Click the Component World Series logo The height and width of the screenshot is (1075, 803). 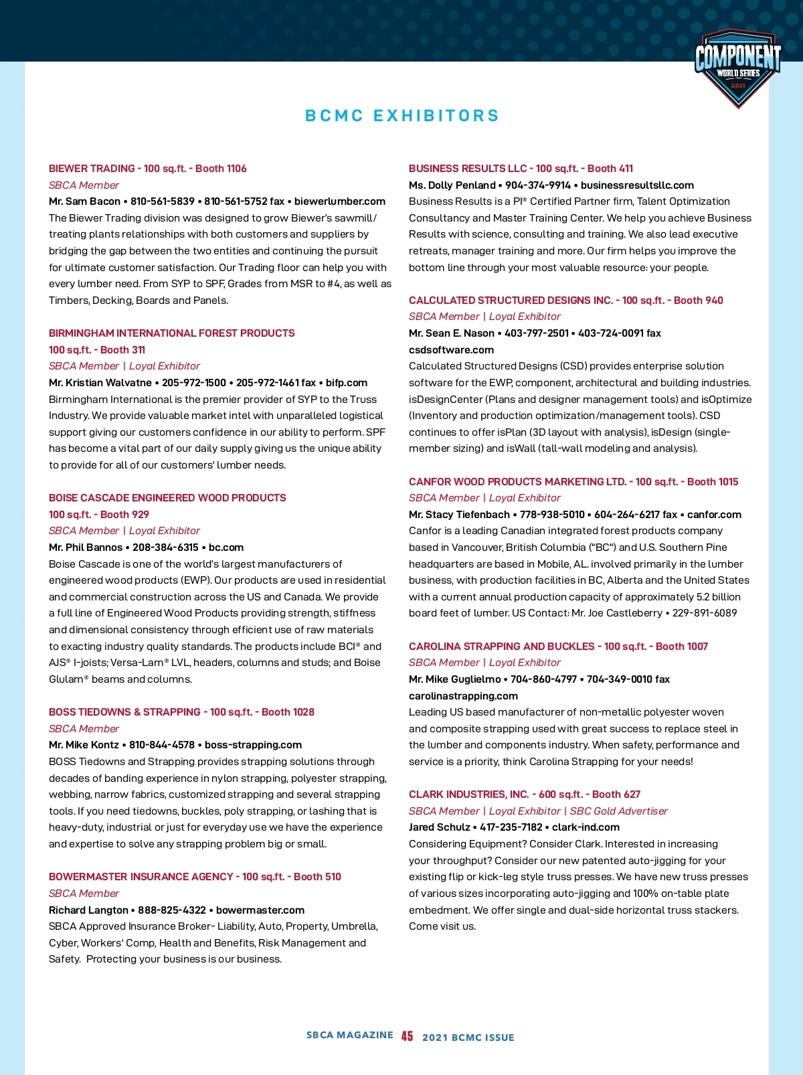tap(737, 67)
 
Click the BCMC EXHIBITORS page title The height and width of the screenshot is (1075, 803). tap(402, 116)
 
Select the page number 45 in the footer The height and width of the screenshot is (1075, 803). tap(407, 1036)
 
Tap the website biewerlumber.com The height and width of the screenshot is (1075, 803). tap(340, 201)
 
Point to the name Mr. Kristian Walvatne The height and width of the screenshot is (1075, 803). tap(100, 383)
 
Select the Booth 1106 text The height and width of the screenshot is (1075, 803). tap(221, 169)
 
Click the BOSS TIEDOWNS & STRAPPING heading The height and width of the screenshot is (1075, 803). tap(124, 712)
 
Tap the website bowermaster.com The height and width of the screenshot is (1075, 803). tap(260, 910)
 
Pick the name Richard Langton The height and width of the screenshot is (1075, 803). tap(88, 910)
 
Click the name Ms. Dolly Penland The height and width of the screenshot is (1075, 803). tap(452, 185)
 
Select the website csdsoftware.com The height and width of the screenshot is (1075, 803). tap(452, 350)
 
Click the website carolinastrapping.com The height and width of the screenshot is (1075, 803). tap(463, 696)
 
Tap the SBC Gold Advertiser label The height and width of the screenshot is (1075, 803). tap(619, 811)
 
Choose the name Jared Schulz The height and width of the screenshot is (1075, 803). tap(440, 827)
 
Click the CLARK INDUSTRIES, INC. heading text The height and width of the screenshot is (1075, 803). tap(468, 795)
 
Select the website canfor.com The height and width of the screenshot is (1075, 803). tap(714, 515)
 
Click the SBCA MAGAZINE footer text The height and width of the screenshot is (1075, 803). tap(350, 1036)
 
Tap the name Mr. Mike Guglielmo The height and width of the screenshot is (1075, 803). tap(455, 679)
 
